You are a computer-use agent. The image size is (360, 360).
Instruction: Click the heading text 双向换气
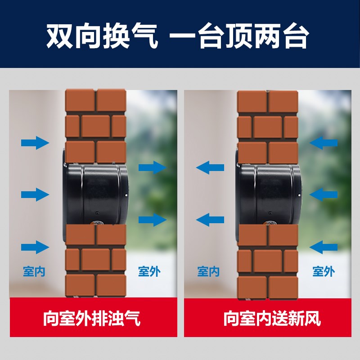click(103, 36)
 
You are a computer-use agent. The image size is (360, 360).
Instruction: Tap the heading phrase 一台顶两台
click(240, 36)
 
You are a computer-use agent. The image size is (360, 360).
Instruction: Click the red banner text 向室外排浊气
click(92, 319)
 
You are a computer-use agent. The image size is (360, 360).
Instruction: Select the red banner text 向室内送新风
click(272, 319)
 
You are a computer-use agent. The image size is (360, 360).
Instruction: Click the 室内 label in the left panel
click(34, 272)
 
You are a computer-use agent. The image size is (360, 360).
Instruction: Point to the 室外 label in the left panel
click(149, 272)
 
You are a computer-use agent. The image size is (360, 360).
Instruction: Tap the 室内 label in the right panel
click(208, 272)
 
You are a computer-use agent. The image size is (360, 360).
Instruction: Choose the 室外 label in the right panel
click(324, 271)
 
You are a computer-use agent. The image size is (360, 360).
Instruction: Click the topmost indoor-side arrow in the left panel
click(35, 143)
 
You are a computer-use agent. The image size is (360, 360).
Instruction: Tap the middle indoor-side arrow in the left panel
click(35, 194)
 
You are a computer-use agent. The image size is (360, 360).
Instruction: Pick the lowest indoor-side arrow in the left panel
click(35, 247)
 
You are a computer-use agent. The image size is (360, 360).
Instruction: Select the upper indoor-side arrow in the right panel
click(210, 168)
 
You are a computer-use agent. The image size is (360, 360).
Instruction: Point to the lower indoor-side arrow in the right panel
click(210, 220)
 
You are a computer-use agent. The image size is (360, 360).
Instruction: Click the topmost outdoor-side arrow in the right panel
click(324, 143)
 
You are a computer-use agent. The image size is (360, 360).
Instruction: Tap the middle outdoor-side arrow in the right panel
click(324, 194)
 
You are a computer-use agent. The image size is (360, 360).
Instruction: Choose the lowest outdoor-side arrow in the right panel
click(324, 247)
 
